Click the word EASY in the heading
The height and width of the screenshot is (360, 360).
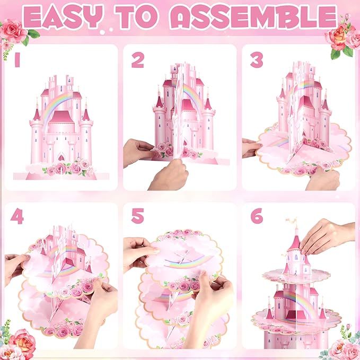[63, 16]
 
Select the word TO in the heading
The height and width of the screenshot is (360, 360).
[136, 16]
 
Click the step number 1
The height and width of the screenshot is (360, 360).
[17, 60]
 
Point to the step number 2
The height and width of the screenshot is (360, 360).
[138, 60]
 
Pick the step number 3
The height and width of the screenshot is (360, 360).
[257, 60]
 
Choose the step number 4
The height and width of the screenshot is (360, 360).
[17, 216]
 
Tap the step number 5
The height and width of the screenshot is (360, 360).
[138, 216]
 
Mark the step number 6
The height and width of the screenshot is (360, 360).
[257, 216]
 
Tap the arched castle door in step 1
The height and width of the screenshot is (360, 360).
[61, 157]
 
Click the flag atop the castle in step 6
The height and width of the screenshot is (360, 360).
[291, 221]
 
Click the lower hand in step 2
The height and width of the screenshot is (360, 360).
[169, 175]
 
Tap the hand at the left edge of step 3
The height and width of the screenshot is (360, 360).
[251, 147]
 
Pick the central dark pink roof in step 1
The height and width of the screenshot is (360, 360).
[61, 117]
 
